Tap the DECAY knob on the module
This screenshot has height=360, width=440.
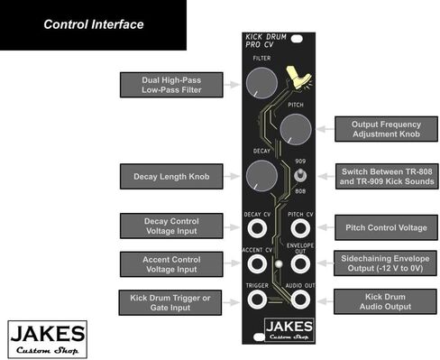[x=260, y=174]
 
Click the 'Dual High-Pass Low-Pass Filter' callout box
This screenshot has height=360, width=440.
[x=170, y=84]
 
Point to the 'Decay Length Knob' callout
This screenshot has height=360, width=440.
[x=170, y=176]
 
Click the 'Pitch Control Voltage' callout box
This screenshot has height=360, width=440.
[x=386, y=226]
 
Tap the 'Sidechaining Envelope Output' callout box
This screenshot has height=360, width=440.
[x=386, y=263]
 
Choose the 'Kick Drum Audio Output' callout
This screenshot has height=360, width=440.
[x=386, y=300]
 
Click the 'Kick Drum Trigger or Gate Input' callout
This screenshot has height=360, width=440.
[x=170, y=300]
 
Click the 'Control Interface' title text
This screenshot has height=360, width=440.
[x=94, y=24]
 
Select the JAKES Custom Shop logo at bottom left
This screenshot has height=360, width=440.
[x=48, y=337]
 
